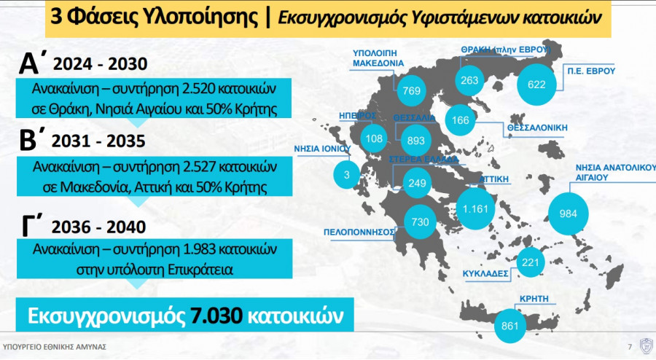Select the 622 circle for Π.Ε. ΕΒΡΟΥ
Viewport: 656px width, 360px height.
[536, 85]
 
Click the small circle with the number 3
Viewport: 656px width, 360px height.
[347, 174]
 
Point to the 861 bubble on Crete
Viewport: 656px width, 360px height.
[509, 325]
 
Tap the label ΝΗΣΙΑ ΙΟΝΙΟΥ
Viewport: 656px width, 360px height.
[322, 147]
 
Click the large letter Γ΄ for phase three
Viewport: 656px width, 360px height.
[33, 226]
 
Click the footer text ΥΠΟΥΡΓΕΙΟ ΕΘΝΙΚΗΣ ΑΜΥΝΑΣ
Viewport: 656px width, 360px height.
[55, 346]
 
